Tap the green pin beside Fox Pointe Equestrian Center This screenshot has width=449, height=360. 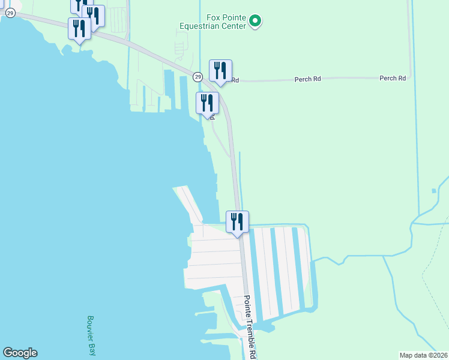tap(255, 22)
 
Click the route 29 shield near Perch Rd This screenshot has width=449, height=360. tap(197, 77)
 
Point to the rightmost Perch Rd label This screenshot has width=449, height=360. tap(393, 79)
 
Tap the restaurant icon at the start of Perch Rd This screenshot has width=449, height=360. tap(220, 71)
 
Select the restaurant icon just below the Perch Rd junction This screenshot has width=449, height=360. tap(207, 103)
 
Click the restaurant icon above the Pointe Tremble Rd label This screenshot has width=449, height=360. tap(237, 221)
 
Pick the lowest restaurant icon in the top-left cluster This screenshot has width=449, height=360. tap(79, 28)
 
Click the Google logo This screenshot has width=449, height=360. tap(20, 353)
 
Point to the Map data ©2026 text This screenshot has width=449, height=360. tap(423, 355)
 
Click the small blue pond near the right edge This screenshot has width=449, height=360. tap(433, 191)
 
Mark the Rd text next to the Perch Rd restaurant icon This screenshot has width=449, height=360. tap(235, 80)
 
